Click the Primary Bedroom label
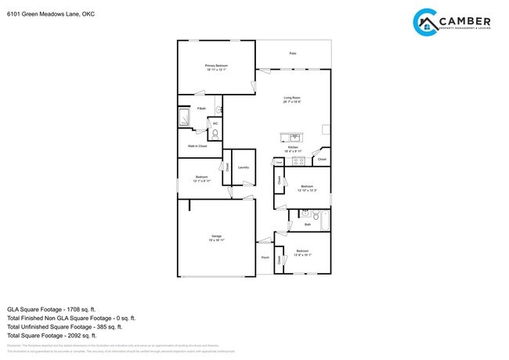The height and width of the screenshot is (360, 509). click(x=215, y=66)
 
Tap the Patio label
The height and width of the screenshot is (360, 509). click(x=293, y=53)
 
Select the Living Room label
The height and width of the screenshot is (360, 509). click(x=292, y=97)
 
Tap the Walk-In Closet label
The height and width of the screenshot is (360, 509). click(x=197, y=146)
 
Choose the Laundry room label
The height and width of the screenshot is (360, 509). click(x=244, y=167)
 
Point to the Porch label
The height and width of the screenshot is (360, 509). click(x=265, y=257)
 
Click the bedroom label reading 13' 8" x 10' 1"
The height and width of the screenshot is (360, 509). click(x=303, y=253)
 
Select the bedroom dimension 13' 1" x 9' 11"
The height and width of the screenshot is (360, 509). click(x=202, y=180)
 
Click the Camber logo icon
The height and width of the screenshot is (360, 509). click(x=426, y=21)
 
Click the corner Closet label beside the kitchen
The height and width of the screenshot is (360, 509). click(x=322, y=160)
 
